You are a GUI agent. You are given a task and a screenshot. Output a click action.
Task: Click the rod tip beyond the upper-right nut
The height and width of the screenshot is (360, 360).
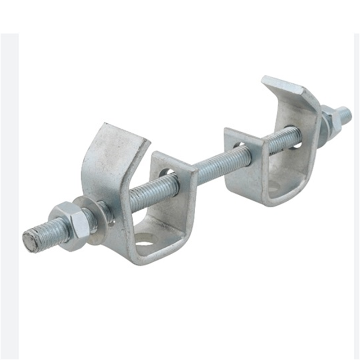click(x=345, y=114)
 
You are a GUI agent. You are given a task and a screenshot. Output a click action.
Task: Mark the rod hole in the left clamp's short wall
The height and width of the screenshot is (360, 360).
click(x=166, y=172)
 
